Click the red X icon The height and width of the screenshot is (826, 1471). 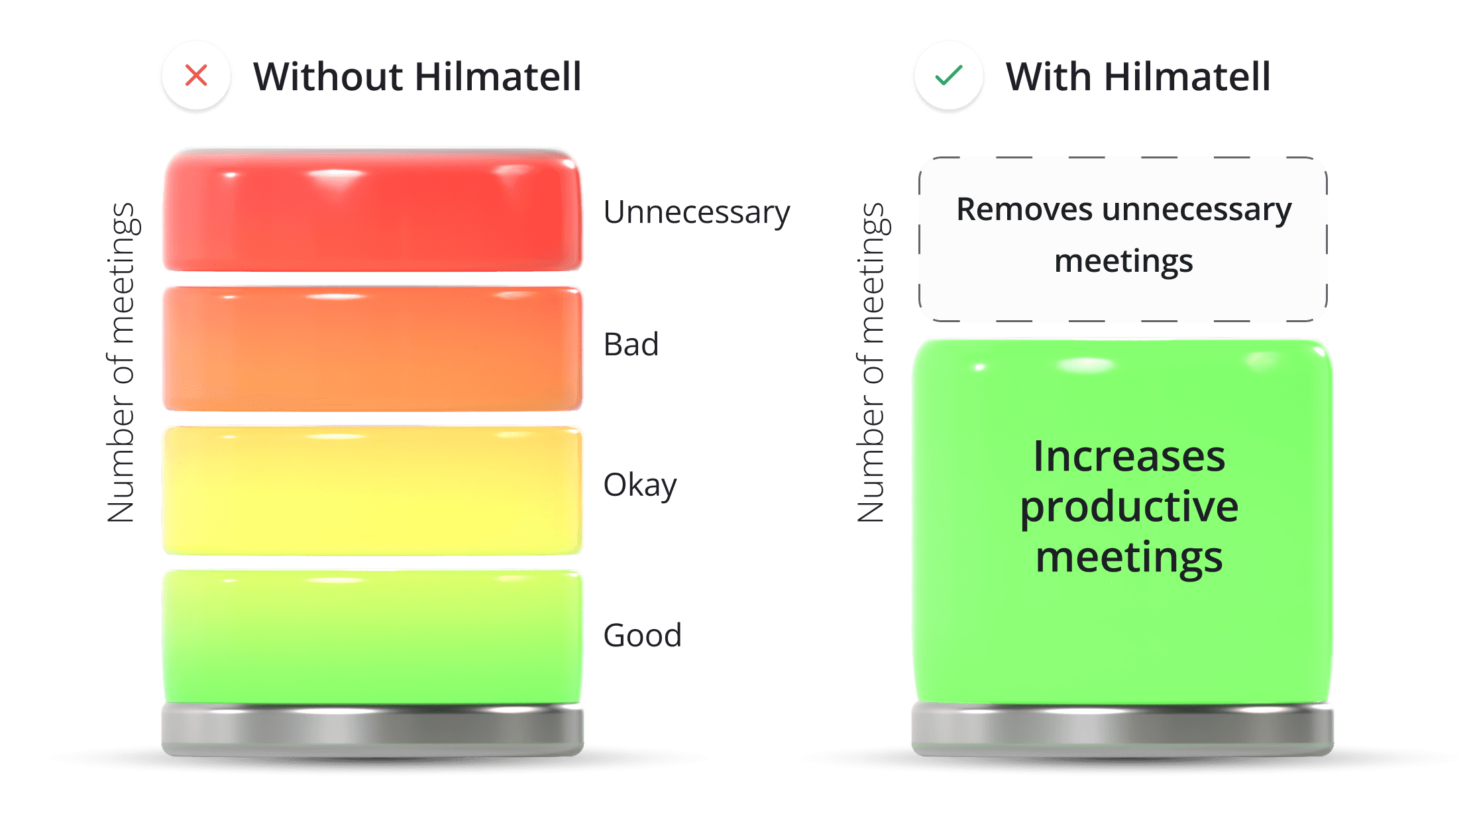tap(196, 76)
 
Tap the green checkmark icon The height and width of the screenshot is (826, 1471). tap(948, 76)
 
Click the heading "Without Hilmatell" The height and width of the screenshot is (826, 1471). tap(417, 77)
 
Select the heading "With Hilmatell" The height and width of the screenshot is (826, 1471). tap(1138, 77)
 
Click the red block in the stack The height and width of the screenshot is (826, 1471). tap(372, 211)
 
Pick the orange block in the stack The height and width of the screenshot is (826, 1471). tap(372, 349)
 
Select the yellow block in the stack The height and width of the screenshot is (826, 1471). tap(372, 491)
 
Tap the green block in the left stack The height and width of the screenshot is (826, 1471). tap(372, 636)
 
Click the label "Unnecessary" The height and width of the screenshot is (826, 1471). tap(696, 213)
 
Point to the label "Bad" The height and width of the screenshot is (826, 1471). tap(631, 345)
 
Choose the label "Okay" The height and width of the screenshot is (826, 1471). tap(639, 486)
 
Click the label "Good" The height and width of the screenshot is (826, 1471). tap(642, 635)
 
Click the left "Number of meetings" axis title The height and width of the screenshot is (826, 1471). tap(121, 363)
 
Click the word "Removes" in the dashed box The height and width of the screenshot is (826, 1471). tap(1024, 209)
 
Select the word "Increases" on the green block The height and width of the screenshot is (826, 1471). tap(1128, 457)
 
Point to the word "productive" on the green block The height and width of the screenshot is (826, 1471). tap(1128, 508)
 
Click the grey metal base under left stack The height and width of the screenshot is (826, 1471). tap(372, 729)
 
